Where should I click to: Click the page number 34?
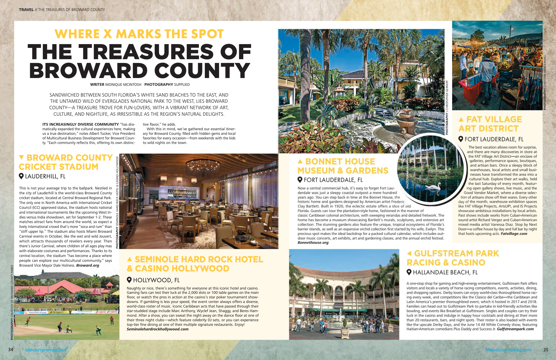(10, 350)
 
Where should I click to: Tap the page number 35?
(546, 350)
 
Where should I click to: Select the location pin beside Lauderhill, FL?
(21, 176)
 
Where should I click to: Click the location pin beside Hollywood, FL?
(129, 280)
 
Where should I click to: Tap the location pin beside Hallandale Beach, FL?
(409, 272)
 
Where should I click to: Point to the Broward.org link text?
(87, 265)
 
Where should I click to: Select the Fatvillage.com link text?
(514, 234)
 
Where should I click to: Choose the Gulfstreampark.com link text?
(515, 329)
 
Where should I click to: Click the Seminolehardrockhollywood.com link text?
(157, 329)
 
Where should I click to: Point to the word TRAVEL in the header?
(26, 10)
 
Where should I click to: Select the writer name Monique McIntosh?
(123, 84)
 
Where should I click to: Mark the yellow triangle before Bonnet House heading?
(300, 161)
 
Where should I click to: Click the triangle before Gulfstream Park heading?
(409, 253)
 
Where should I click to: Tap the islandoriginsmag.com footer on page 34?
(45, 350)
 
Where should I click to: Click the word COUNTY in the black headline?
(202, 70)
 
